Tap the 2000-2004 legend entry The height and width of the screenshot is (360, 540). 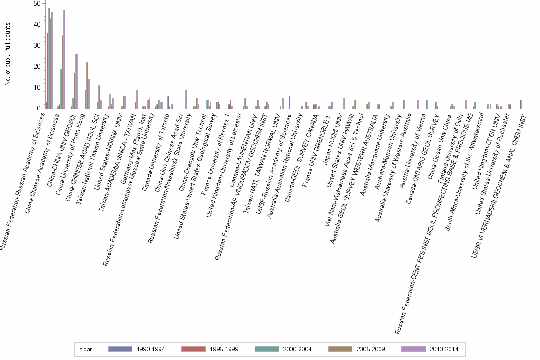284,350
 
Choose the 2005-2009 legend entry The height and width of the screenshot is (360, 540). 357,350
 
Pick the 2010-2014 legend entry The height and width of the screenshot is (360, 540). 430,350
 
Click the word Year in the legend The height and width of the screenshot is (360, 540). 86,350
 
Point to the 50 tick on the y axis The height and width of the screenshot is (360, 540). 37,4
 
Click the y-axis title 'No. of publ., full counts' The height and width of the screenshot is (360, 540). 8,56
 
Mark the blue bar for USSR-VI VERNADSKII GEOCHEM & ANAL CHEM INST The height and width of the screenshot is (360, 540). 521,104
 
